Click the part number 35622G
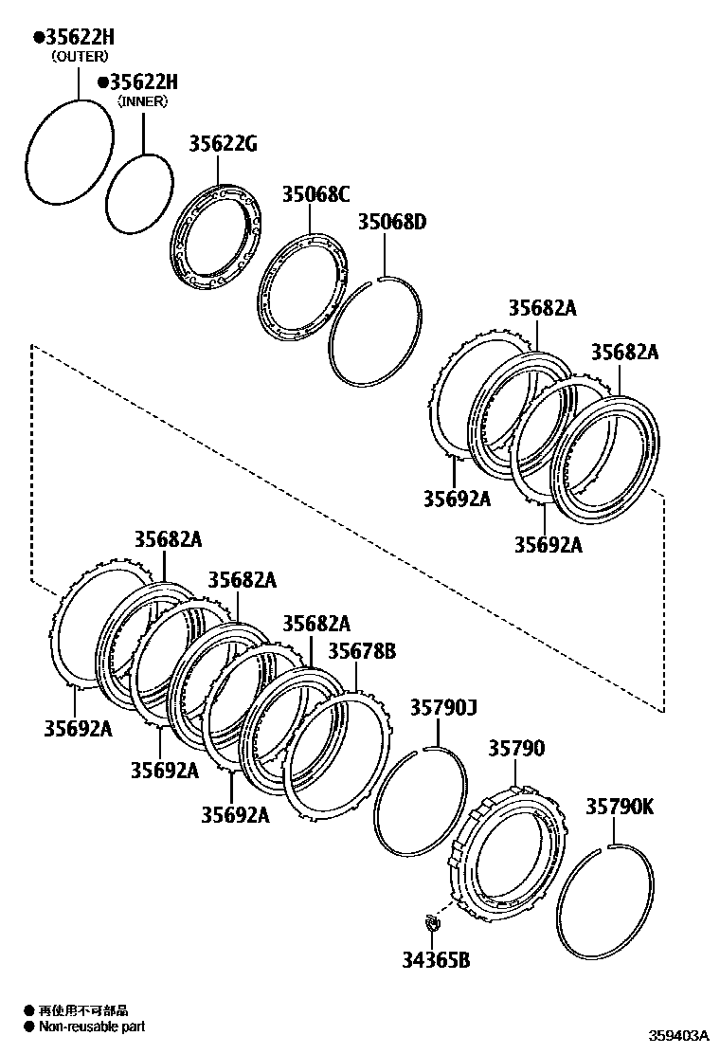click(223, 144)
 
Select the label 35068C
click(315, 194)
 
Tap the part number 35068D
click(391, 223)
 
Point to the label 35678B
click(362, 651)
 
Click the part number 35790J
click(443, 708)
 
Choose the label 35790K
click(619, 807)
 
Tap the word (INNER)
click(142, 100)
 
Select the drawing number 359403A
click(678, 1036)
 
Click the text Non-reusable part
click(92, 1026)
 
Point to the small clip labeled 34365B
click(432, 920)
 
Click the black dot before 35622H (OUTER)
click(39, 37)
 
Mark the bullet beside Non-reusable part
click(29, 1026)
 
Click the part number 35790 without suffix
click(516, 749)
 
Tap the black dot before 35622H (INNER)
click(103, 82)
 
